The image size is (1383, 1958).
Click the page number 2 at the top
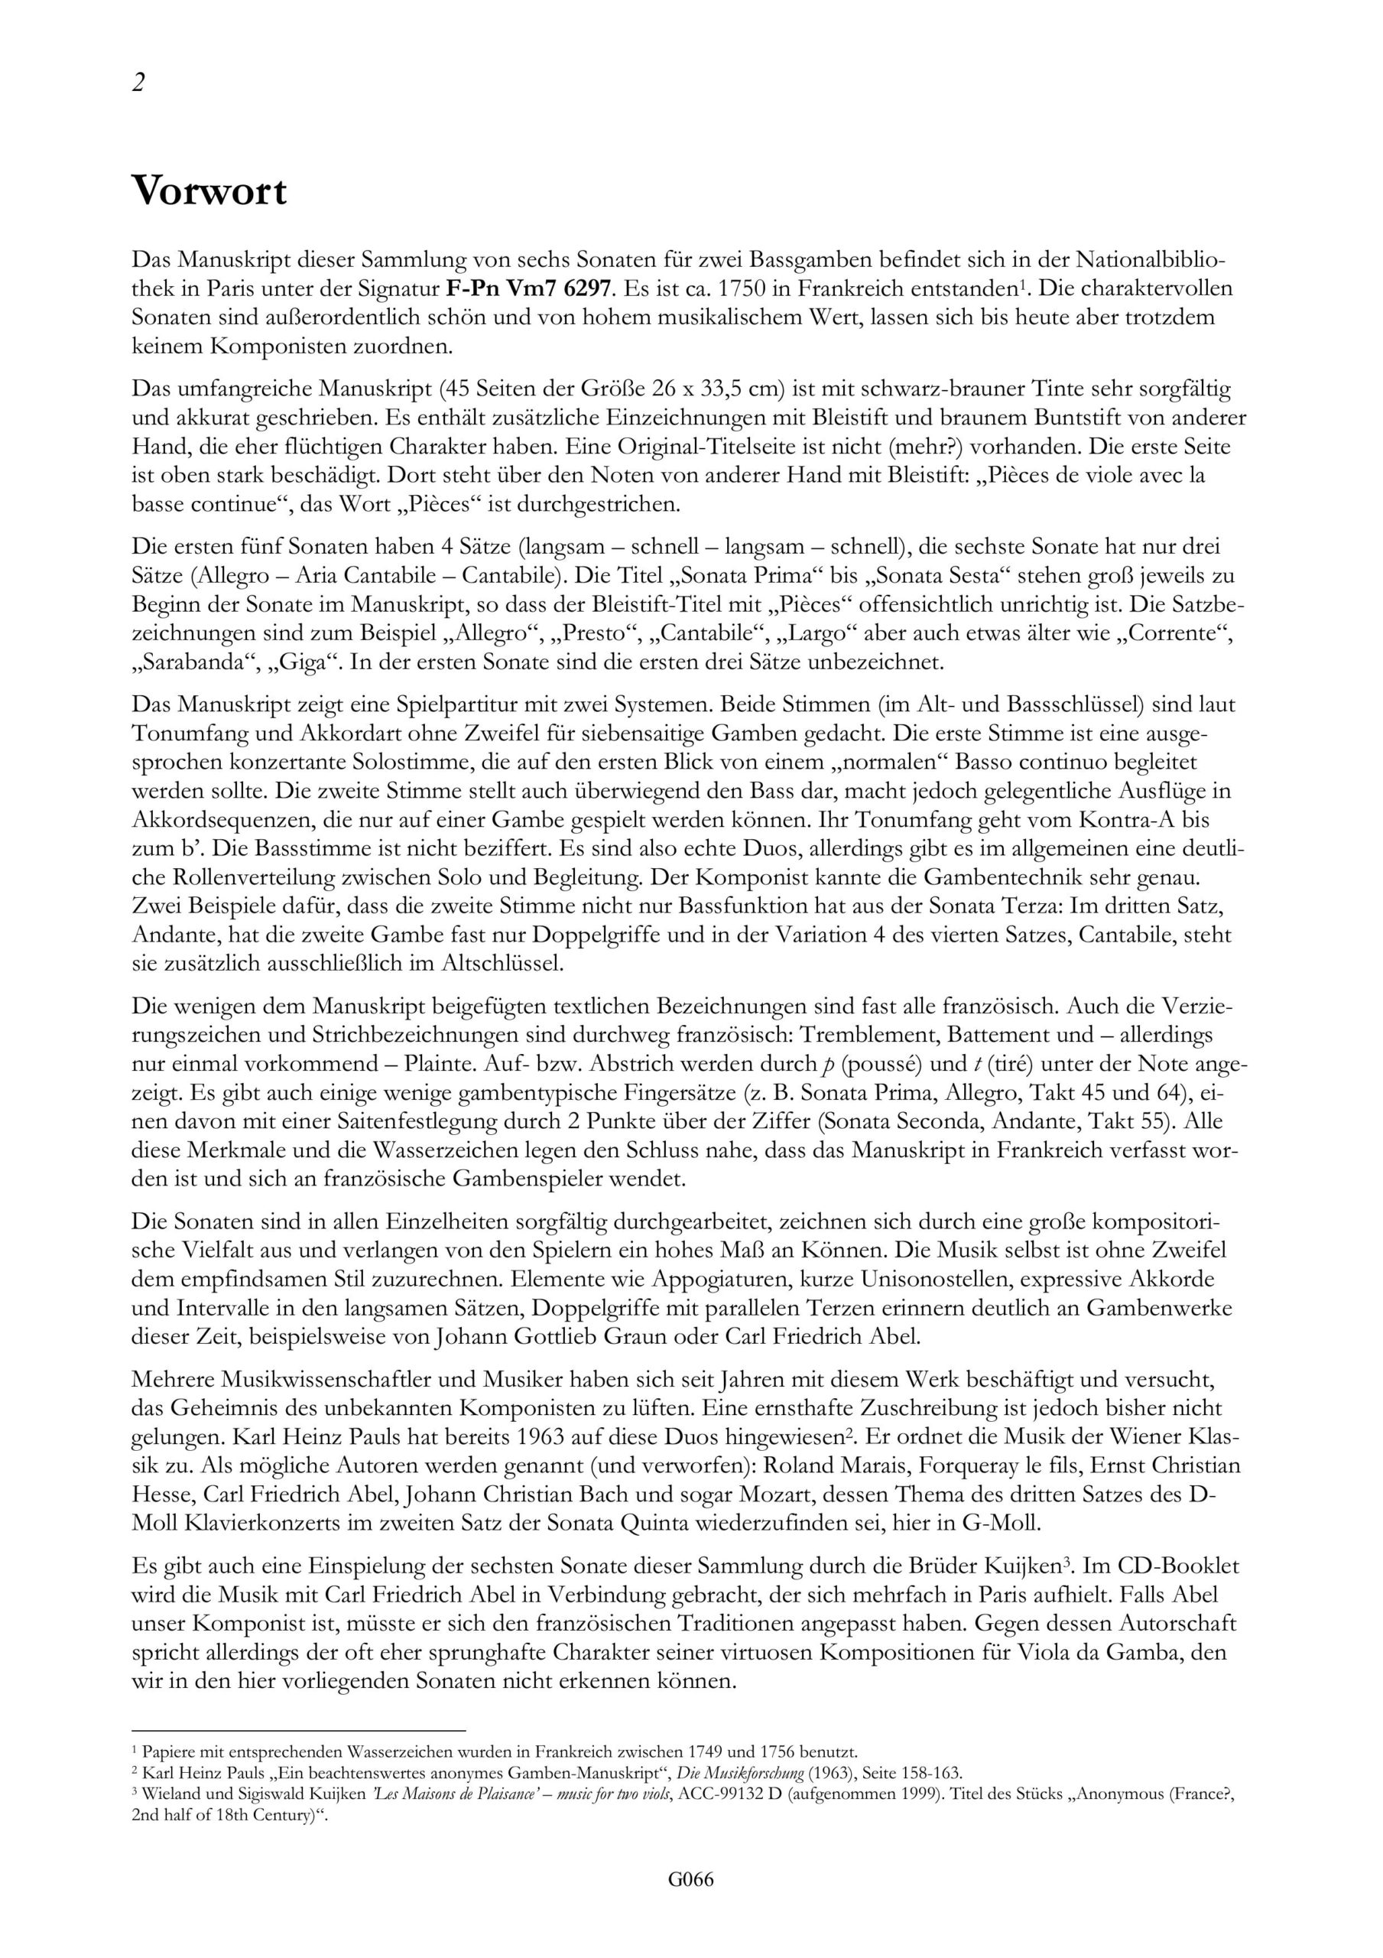(x=138, y=83)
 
